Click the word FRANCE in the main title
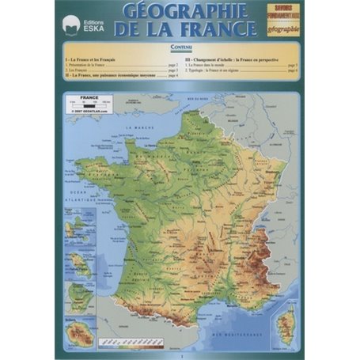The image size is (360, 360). point(225,30)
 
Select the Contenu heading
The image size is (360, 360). point(180,49)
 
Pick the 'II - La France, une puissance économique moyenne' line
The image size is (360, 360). point(119,77)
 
